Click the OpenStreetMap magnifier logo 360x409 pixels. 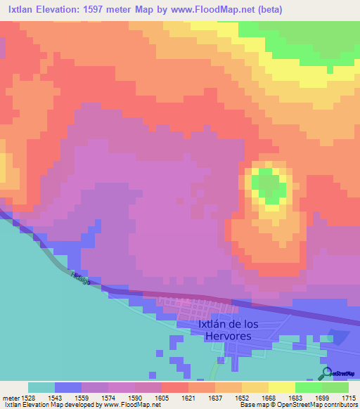[326, 373]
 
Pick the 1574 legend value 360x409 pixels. [108, 397]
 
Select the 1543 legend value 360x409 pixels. [55, 397]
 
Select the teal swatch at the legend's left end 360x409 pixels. [41, 387]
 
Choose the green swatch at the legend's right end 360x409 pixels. [335, 387]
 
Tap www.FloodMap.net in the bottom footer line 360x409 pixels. [131, 405]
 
